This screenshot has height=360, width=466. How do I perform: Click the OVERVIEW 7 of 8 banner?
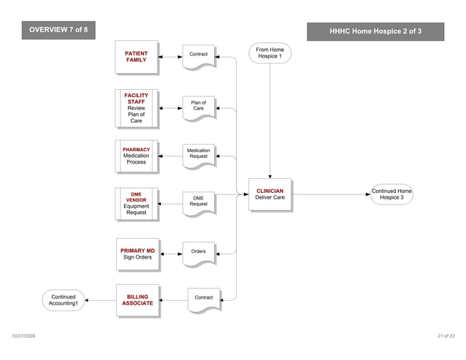(x=58, y=29)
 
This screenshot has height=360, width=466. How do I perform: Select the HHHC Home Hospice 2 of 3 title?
(x=375, y=31)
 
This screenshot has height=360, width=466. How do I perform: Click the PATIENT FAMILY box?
(x=137, y=57)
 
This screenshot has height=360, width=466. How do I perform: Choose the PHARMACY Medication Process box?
(x=137, y=156)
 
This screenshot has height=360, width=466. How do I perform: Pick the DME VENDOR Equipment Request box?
(x=137, y=204)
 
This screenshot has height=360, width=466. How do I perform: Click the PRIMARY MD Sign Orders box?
(x=137, y=253)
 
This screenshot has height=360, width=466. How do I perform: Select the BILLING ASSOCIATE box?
(x=137, y=300)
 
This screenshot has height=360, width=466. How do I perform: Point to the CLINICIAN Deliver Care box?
(x=270, y=195)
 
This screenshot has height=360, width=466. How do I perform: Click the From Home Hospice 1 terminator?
(x=270, y=53)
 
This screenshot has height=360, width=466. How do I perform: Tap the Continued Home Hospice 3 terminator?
(x=391, y=194)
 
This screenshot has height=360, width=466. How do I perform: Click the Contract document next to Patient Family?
(x=199, y=56)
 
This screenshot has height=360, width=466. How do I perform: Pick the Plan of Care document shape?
(x=199, y=107)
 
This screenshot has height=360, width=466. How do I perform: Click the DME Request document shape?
(x=199, y=202)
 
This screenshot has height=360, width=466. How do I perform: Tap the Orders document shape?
(x=199, y=253)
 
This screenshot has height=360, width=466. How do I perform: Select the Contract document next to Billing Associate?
(x=204, y=299)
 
